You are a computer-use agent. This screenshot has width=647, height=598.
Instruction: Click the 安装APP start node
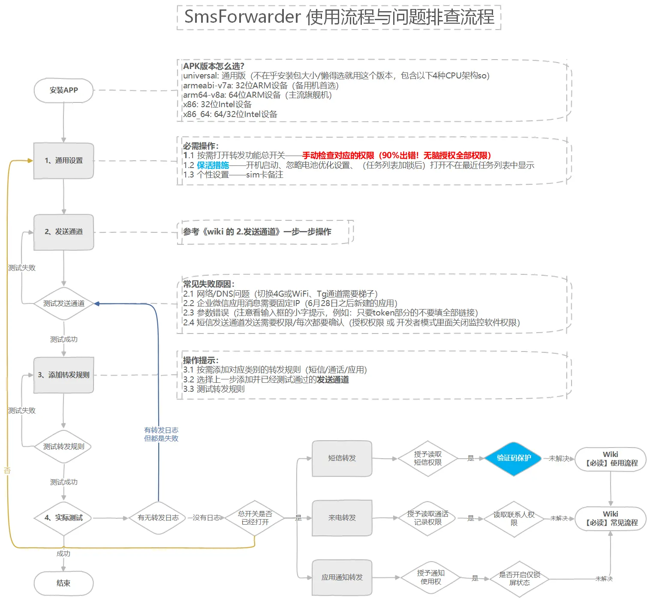[63, 90]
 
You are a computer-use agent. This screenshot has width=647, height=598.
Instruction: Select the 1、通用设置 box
[63, 161]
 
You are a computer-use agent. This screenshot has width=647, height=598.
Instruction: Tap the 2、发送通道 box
[63, 232]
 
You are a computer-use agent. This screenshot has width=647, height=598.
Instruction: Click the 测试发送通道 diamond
[63, 304]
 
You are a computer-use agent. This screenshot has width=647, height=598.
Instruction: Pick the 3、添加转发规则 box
[63, 375]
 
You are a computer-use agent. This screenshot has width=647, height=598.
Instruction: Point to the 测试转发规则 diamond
[63, 447]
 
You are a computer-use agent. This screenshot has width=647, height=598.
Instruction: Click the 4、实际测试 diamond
[63, 518]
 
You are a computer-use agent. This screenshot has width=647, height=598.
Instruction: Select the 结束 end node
[63, 583]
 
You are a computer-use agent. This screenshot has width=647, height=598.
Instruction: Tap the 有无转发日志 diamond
[158, 518]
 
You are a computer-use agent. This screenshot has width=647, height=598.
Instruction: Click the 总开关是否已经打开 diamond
[255, 518]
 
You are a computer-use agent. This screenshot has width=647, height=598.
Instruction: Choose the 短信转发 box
[342, 458]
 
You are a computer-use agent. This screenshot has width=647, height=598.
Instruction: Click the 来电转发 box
[342, 518]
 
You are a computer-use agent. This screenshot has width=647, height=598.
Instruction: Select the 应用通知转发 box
[342, 577]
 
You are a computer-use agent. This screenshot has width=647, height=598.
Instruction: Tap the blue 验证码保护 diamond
[514, 458]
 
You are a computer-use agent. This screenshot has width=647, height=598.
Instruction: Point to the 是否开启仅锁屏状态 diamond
[519, 579]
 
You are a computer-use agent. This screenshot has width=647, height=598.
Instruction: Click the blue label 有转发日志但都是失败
[161, 434]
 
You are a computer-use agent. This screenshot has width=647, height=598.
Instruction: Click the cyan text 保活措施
[213, 165]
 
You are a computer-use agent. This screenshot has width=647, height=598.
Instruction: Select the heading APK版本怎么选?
[214, 66]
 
